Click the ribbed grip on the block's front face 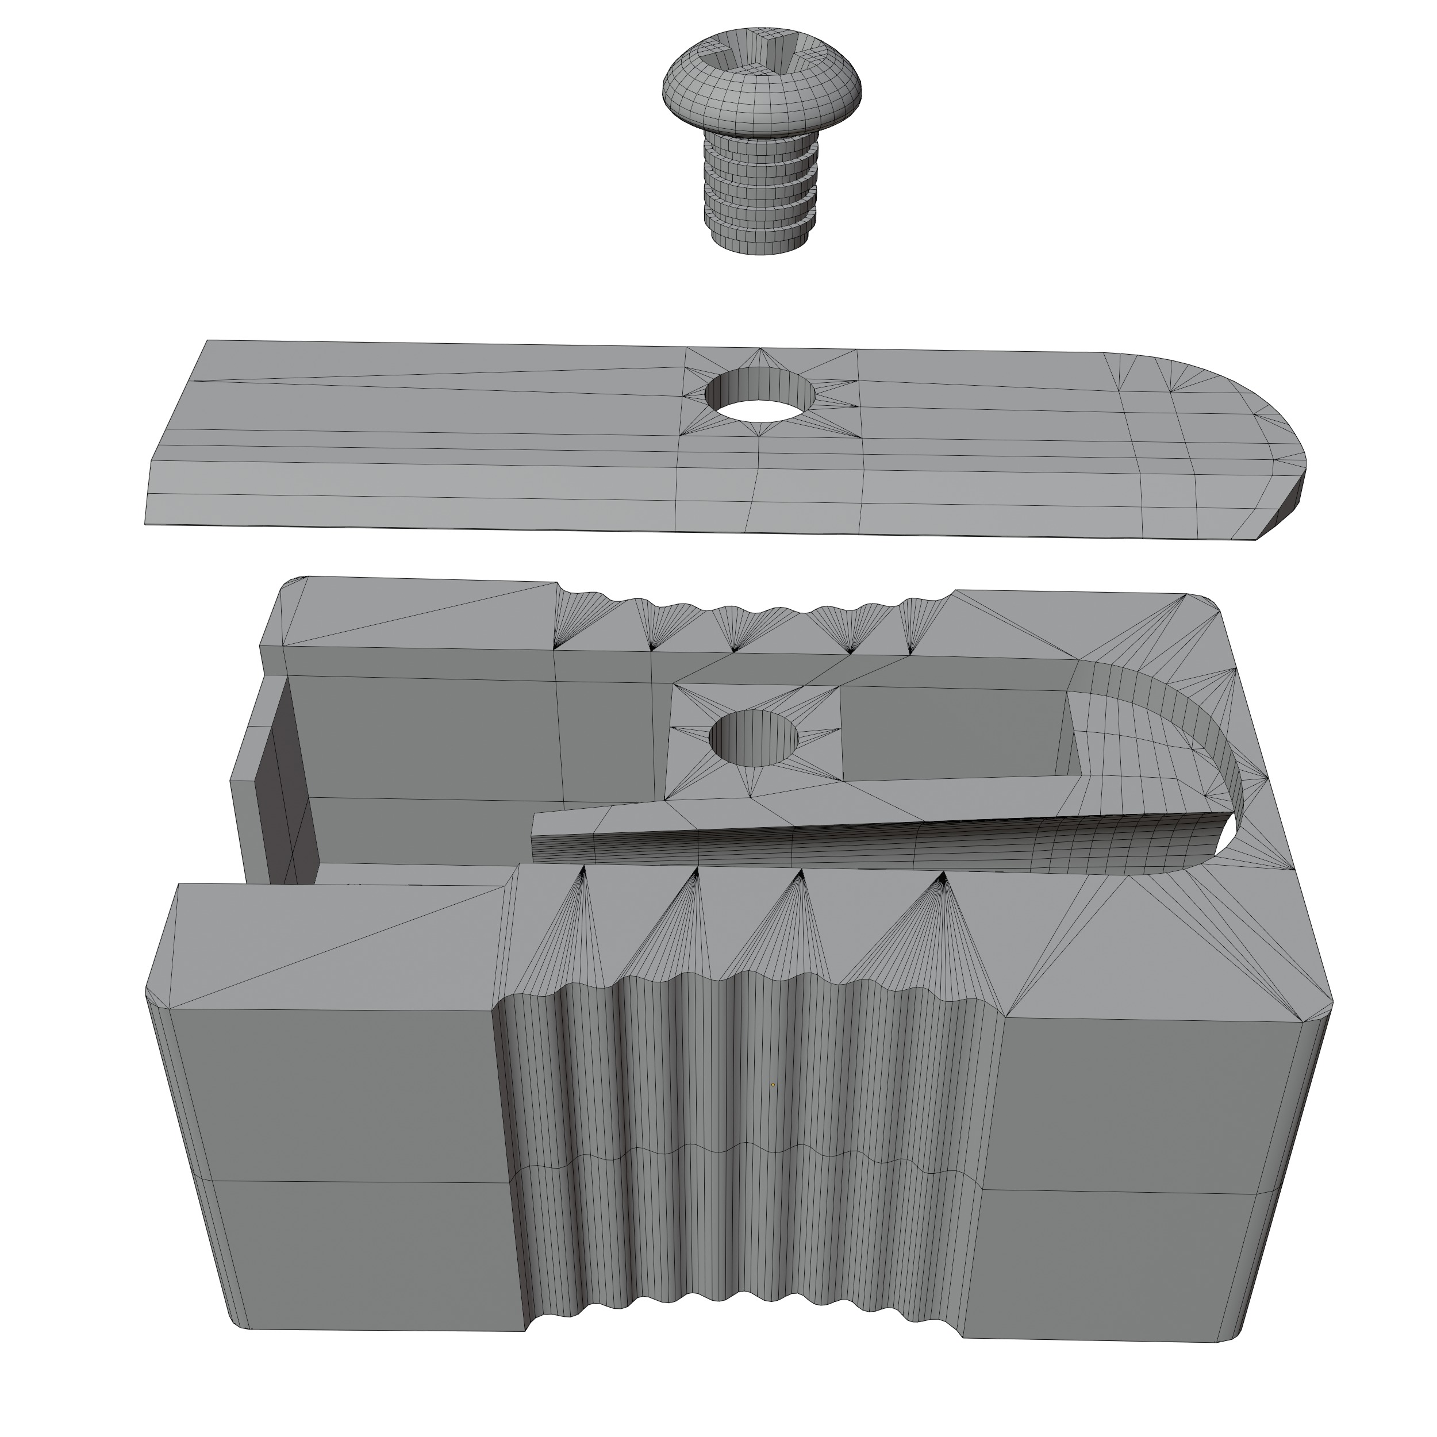[744, 1190]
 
